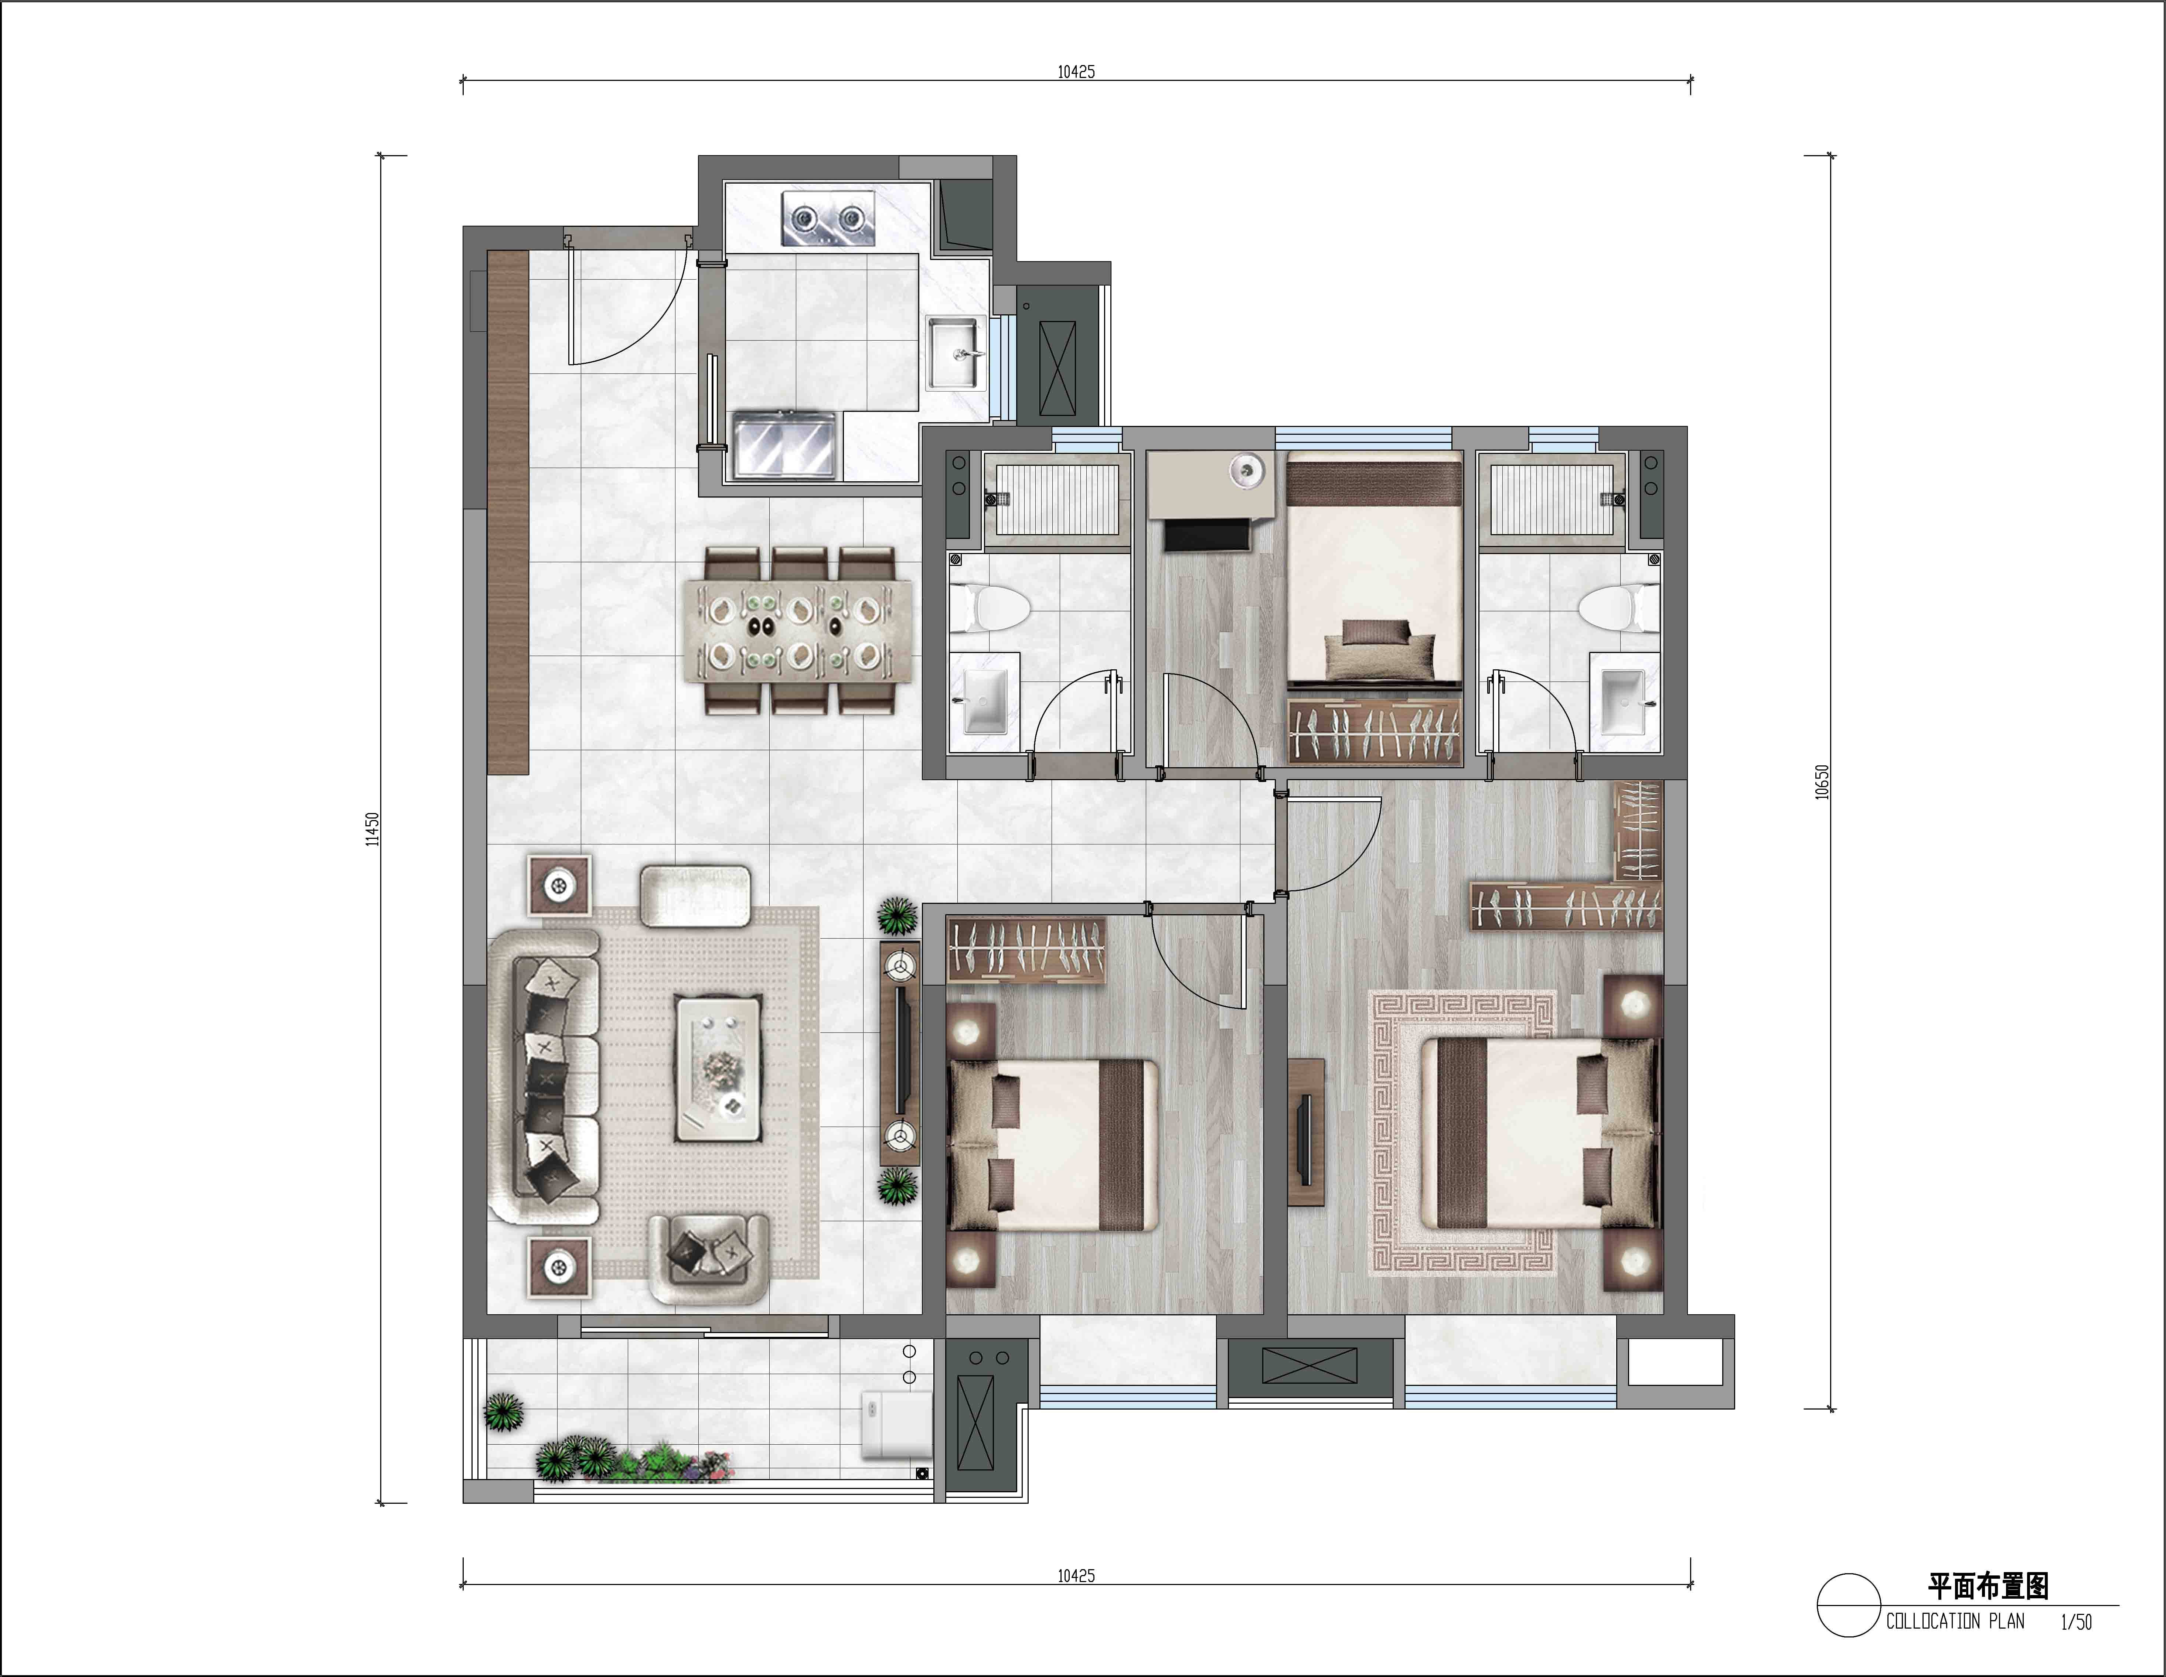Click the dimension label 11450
click(x=372, y=829)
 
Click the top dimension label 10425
click(x=1076, y=71)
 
